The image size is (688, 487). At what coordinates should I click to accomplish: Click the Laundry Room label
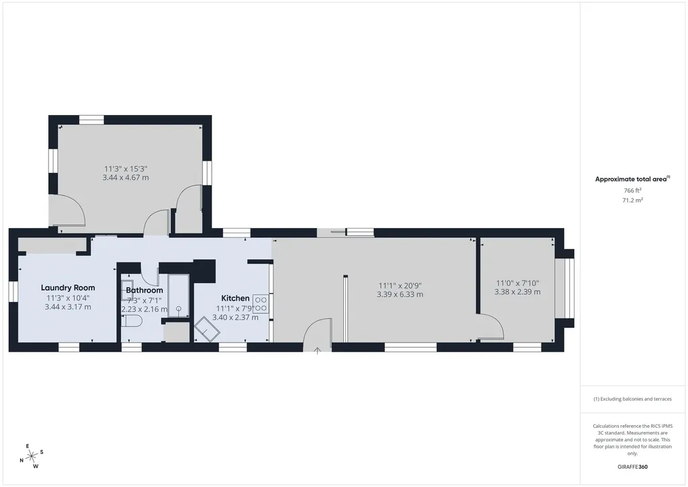[x=68, y=288]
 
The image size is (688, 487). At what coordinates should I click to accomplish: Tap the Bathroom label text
[x=144, y=291]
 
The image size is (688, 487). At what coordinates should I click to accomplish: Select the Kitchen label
[x=235, y=298]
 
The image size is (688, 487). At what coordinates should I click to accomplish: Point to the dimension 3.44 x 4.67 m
[x=126, y=178]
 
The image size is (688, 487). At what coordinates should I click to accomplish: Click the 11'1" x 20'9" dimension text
[x=400, y=286]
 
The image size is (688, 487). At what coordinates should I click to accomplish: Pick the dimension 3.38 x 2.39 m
[x=517, y=292]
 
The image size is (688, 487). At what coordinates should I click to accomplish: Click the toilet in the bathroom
[x=132, y=322]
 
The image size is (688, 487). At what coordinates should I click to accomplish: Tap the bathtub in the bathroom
[x=179, y=295]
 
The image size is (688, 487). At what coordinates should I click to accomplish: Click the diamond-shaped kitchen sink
[x=207, y=328]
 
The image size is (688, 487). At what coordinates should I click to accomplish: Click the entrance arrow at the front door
[x=317, y=350]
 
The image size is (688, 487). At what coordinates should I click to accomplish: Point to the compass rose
[x=32, y=456]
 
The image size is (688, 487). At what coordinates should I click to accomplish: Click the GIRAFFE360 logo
[x=632, y=467]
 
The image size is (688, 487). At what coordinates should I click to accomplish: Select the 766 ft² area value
[x=632, y=190]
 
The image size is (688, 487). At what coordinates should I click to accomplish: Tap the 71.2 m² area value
[x=632, y=200]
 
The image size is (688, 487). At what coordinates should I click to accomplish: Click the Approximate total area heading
[x=632, y=179]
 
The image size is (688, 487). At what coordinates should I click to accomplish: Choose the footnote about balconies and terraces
[x=632, y=399]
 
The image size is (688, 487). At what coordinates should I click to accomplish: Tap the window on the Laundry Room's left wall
[x=13, y=292]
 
